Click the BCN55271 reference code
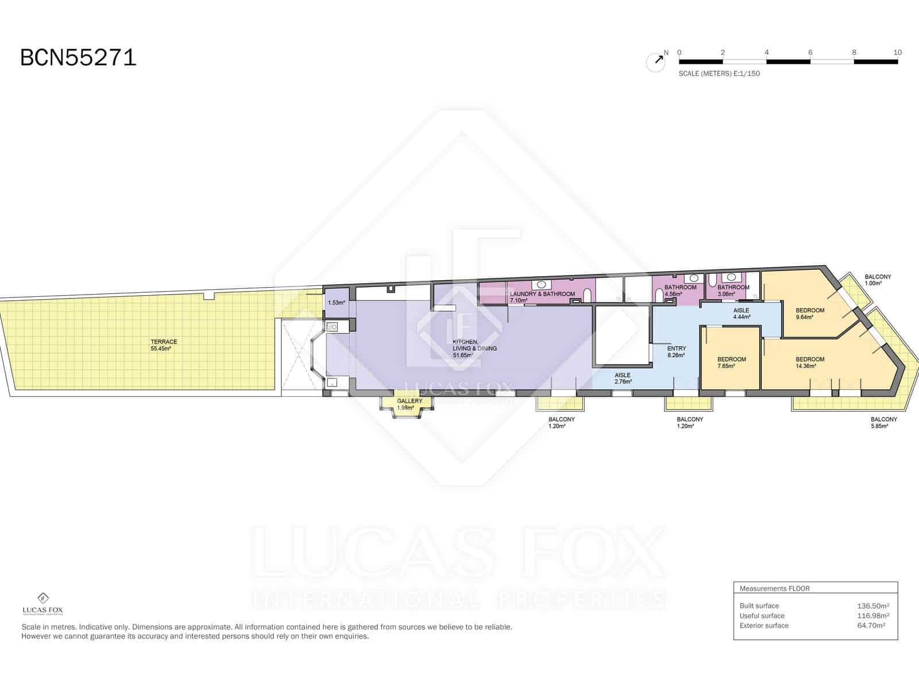pos(78,57)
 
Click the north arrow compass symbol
pos(656,62)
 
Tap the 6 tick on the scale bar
pos(810,52)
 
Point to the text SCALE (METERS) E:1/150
pos(719,73)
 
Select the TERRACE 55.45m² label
pos(164,345)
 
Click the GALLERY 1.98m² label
pos(409,404)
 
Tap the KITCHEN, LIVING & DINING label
pos(474,349)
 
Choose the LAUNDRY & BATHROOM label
pos(542,297)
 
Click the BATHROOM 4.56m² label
pos(680,291)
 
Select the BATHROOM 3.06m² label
pos(733,291)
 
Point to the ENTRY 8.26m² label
pos(676,351)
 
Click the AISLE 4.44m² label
pos(742,313)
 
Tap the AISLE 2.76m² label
pos(623,378)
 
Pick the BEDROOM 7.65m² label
pos(731,362)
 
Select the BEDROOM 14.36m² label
pos(810,362)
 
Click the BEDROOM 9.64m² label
pos(810,313)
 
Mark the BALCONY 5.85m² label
pos(884,423)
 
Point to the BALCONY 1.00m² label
pos(878,280)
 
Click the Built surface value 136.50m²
pos(873,606)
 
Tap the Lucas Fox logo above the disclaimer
pos(43,604)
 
